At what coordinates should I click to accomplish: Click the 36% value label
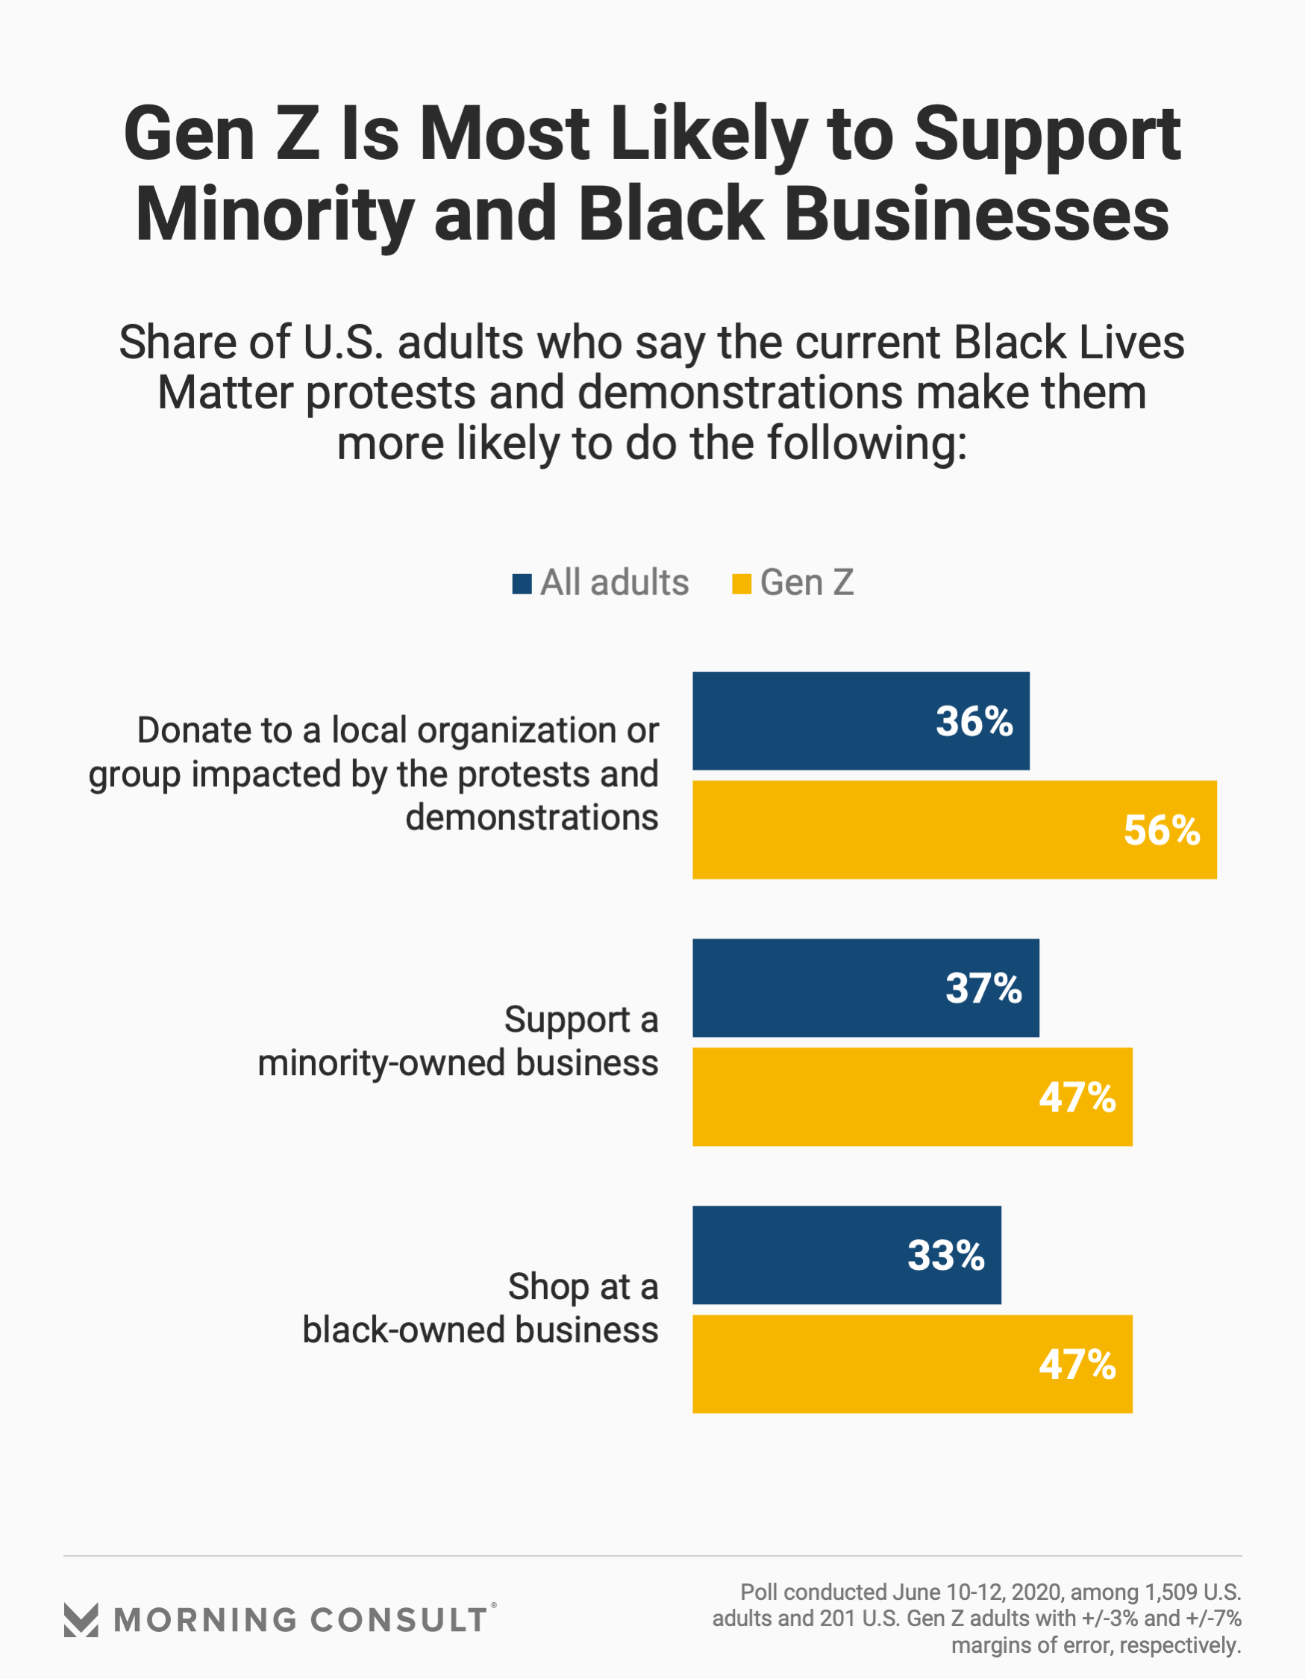974,721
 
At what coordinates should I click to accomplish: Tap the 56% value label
1161,830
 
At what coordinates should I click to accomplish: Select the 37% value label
983,988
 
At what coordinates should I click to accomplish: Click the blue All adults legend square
522,584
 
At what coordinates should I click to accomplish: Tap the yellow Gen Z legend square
741,584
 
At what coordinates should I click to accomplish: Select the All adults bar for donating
815,721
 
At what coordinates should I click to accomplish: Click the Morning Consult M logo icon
81,1620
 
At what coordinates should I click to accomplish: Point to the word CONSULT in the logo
399,1621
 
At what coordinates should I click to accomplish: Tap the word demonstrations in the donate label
532,817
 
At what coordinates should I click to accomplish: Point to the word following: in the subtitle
867,443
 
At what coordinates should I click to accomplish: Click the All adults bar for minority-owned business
815,988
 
